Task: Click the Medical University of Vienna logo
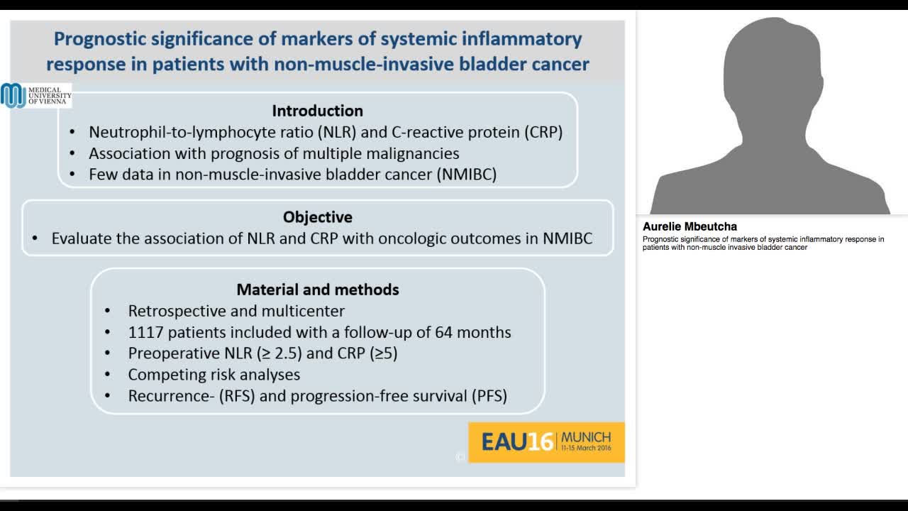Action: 35,96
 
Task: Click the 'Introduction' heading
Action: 317,111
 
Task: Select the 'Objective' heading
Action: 317,217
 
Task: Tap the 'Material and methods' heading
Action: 317,290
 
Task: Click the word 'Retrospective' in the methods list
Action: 172,311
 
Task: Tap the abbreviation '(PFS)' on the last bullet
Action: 489,396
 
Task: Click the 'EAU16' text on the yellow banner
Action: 517,442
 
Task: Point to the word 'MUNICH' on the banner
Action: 585,436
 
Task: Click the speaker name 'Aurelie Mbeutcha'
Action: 690,227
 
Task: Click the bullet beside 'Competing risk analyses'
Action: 108,375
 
